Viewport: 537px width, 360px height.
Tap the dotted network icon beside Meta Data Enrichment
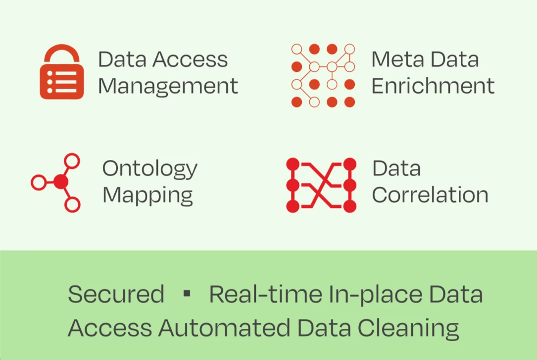[x=323, y=76]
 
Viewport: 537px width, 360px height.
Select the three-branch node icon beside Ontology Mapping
[x=56, y=182]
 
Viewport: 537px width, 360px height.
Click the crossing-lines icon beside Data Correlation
[x=321, y=185]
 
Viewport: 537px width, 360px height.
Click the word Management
[x=168, y=86]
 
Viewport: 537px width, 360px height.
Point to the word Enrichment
[x=433, y=85]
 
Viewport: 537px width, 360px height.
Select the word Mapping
[x=147, y=195]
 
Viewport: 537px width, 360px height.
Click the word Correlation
[x=430, y=195]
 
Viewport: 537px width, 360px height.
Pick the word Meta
[x=395, y=59]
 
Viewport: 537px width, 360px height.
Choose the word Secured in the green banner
[x=116, y=294]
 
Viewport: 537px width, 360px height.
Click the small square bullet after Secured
[x=187, y=294]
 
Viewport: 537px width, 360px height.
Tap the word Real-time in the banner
[x=265, y=294]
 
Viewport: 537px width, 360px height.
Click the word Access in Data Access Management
[x=190, y=59]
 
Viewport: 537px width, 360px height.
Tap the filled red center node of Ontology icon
[x=60, y=182]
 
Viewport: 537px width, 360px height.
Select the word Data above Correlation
[x=396, y=168]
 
